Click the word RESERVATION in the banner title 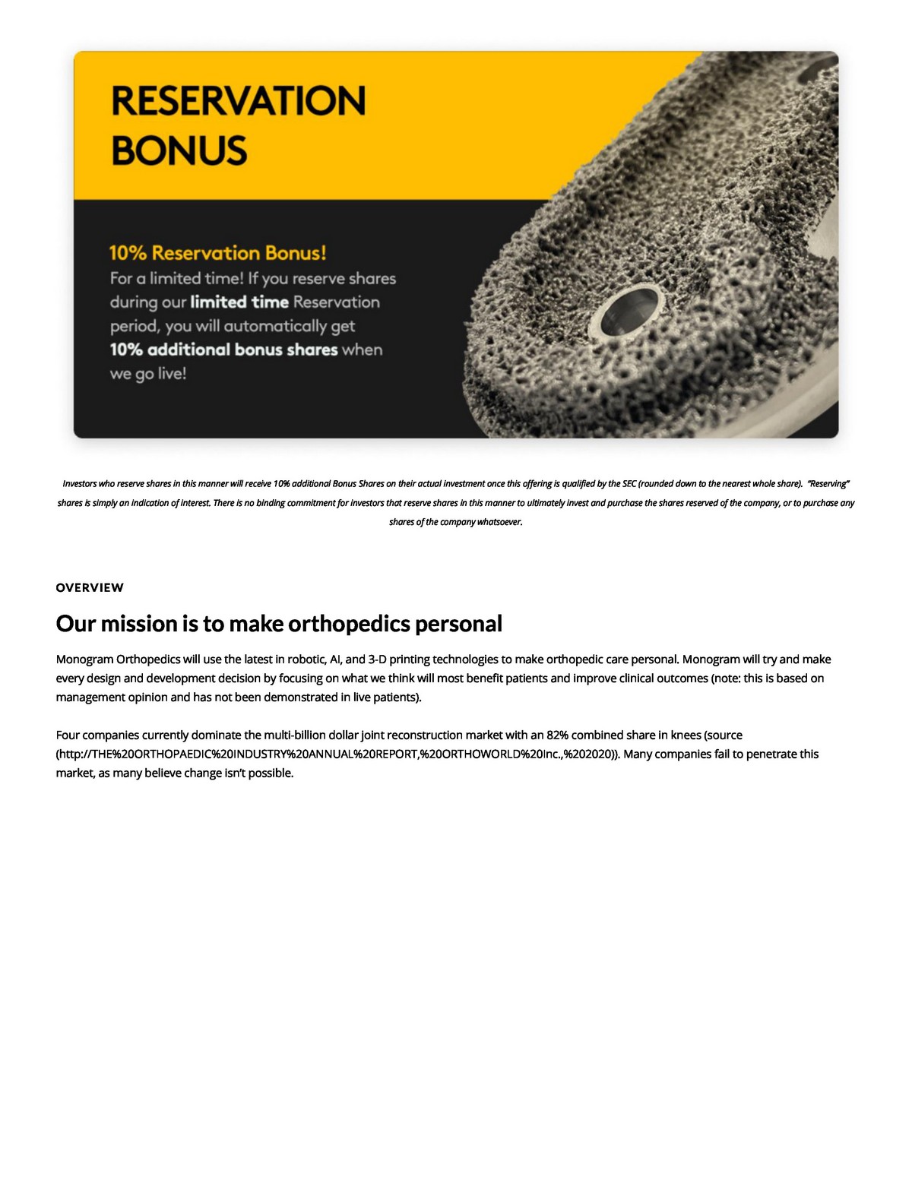[239, 101]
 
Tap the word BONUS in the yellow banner [179, 150]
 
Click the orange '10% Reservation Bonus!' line [217, 253]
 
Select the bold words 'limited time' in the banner [239, 302]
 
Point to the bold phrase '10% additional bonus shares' [223, 350]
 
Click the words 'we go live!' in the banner [148, 373]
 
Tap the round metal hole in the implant [630, 312]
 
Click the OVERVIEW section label [90, 587]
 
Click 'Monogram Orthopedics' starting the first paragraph [118, 659]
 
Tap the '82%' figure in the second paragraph [557, 735]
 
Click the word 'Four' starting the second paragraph [67, 735]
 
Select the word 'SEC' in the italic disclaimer [629, 483]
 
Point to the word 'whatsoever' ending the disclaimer [499, 522]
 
